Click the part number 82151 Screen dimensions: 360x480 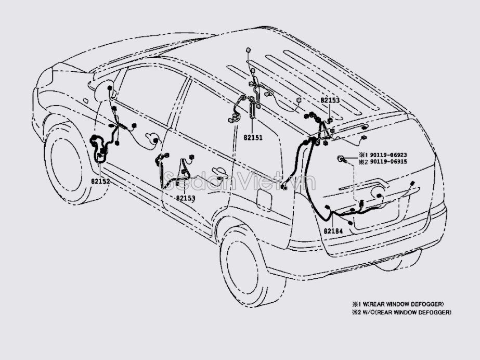[253, 138]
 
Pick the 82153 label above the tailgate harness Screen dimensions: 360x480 [329, 99]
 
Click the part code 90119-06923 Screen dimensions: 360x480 [382, 155]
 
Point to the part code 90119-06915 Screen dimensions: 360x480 [382, 162]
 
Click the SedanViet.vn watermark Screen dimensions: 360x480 [239, 181]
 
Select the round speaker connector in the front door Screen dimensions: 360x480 [154, 139]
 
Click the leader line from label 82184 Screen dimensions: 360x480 [329, 218]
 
